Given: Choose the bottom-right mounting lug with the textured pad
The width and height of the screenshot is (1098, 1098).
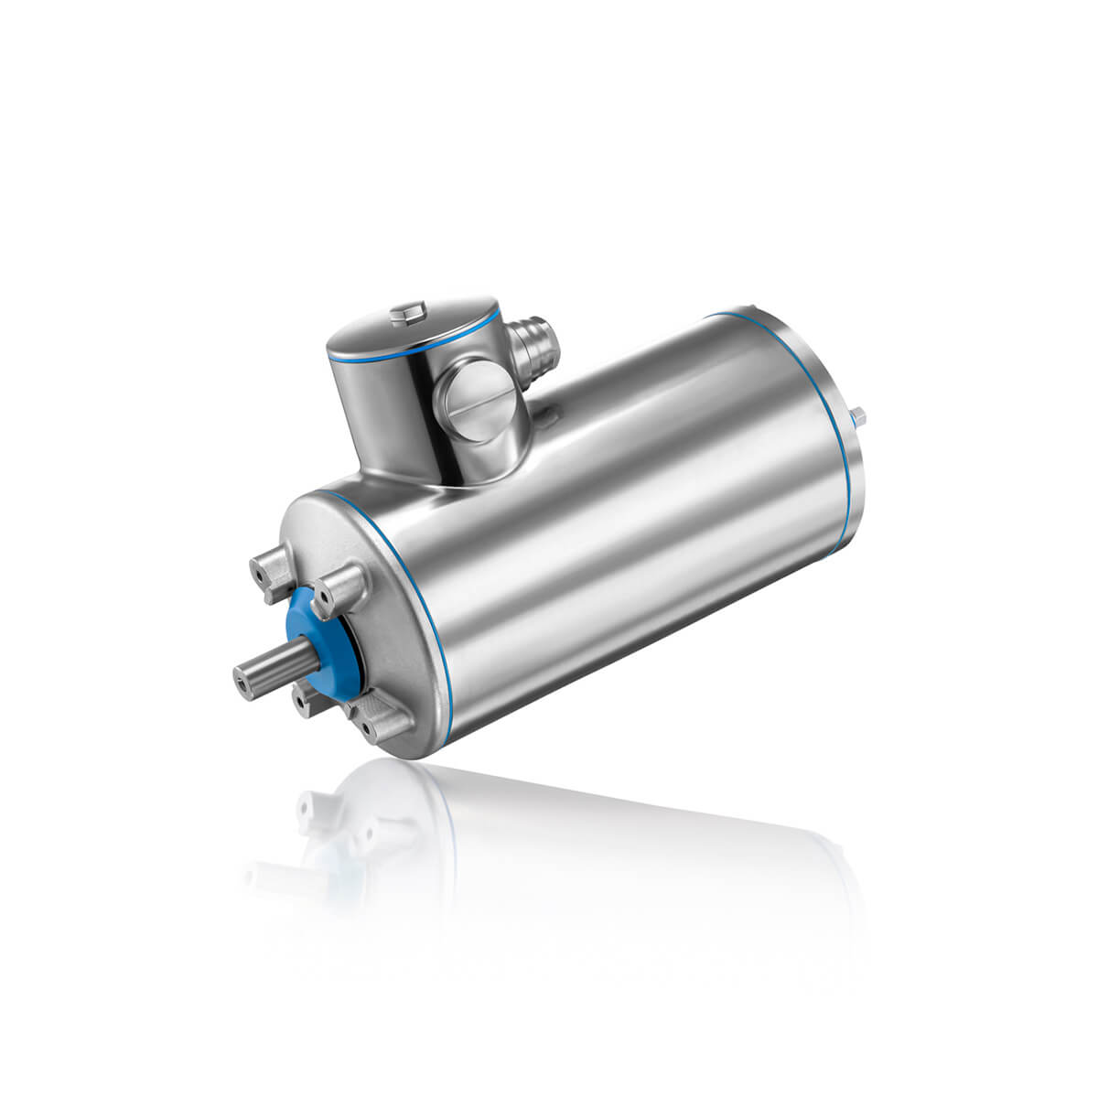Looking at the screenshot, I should [382, 723].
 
